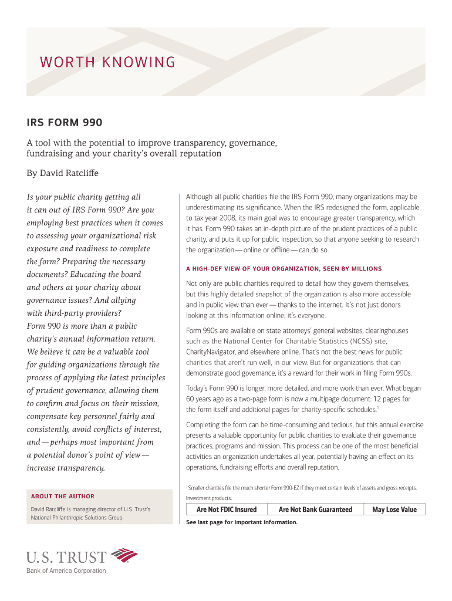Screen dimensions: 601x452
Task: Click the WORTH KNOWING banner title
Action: pyautogui.click(x=107, y=62)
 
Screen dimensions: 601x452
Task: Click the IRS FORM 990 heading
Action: pyautogui.click(x=65, y=123)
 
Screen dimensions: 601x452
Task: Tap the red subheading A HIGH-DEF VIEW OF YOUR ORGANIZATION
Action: pyautogui.click(x=284, y=269)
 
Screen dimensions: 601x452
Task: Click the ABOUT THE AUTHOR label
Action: pyautogui.click(x=63, y=496)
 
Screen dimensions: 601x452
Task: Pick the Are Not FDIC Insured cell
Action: pyautogui.click(x=226, y=509)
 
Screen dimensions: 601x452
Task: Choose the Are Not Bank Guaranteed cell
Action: pyautogui.click(x=315, y=509)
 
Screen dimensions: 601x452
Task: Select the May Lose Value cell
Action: pyautogui.click(x=394, y=509)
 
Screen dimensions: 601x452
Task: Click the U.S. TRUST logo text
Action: pyautogui.click(x=66, y=556)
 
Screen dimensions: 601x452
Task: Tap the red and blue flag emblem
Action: pyautogui.click(x=124, y=555)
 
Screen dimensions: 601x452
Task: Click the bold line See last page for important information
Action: pyautogui.click(x=242, y=522)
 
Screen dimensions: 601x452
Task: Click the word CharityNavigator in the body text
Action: pyautogui.click(x=210, y=352)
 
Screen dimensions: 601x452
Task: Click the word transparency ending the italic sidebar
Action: pyautogui.click(x=66, y=468)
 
